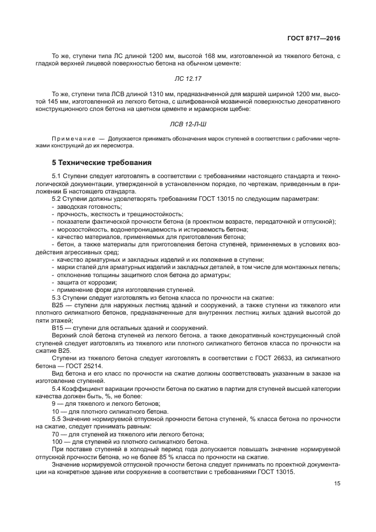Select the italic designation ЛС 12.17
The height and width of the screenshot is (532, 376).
click(x=187, y=79)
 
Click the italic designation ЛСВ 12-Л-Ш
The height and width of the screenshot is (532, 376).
click(x=187, y=123)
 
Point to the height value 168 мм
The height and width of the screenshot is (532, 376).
click(x=214, y=56)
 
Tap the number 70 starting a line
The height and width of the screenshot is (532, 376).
click(x=56, y=433)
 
